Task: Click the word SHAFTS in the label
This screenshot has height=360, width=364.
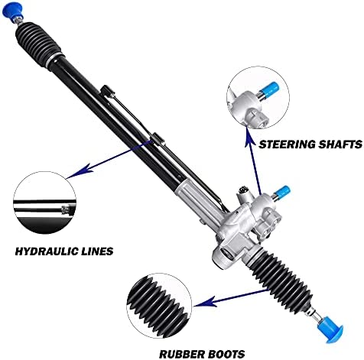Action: coord(336,144)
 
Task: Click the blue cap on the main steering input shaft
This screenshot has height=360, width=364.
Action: coord(283,192)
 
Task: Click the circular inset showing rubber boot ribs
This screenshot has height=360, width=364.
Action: coord(160,306)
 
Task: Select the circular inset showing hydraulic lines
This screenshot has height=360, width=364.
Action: coord(45,203)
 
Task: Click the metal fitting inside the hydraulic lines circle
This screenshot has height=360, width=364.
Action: coord(66,209)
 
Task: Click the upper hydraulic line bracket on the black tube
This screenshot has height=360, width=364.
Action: coord(107,91)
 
